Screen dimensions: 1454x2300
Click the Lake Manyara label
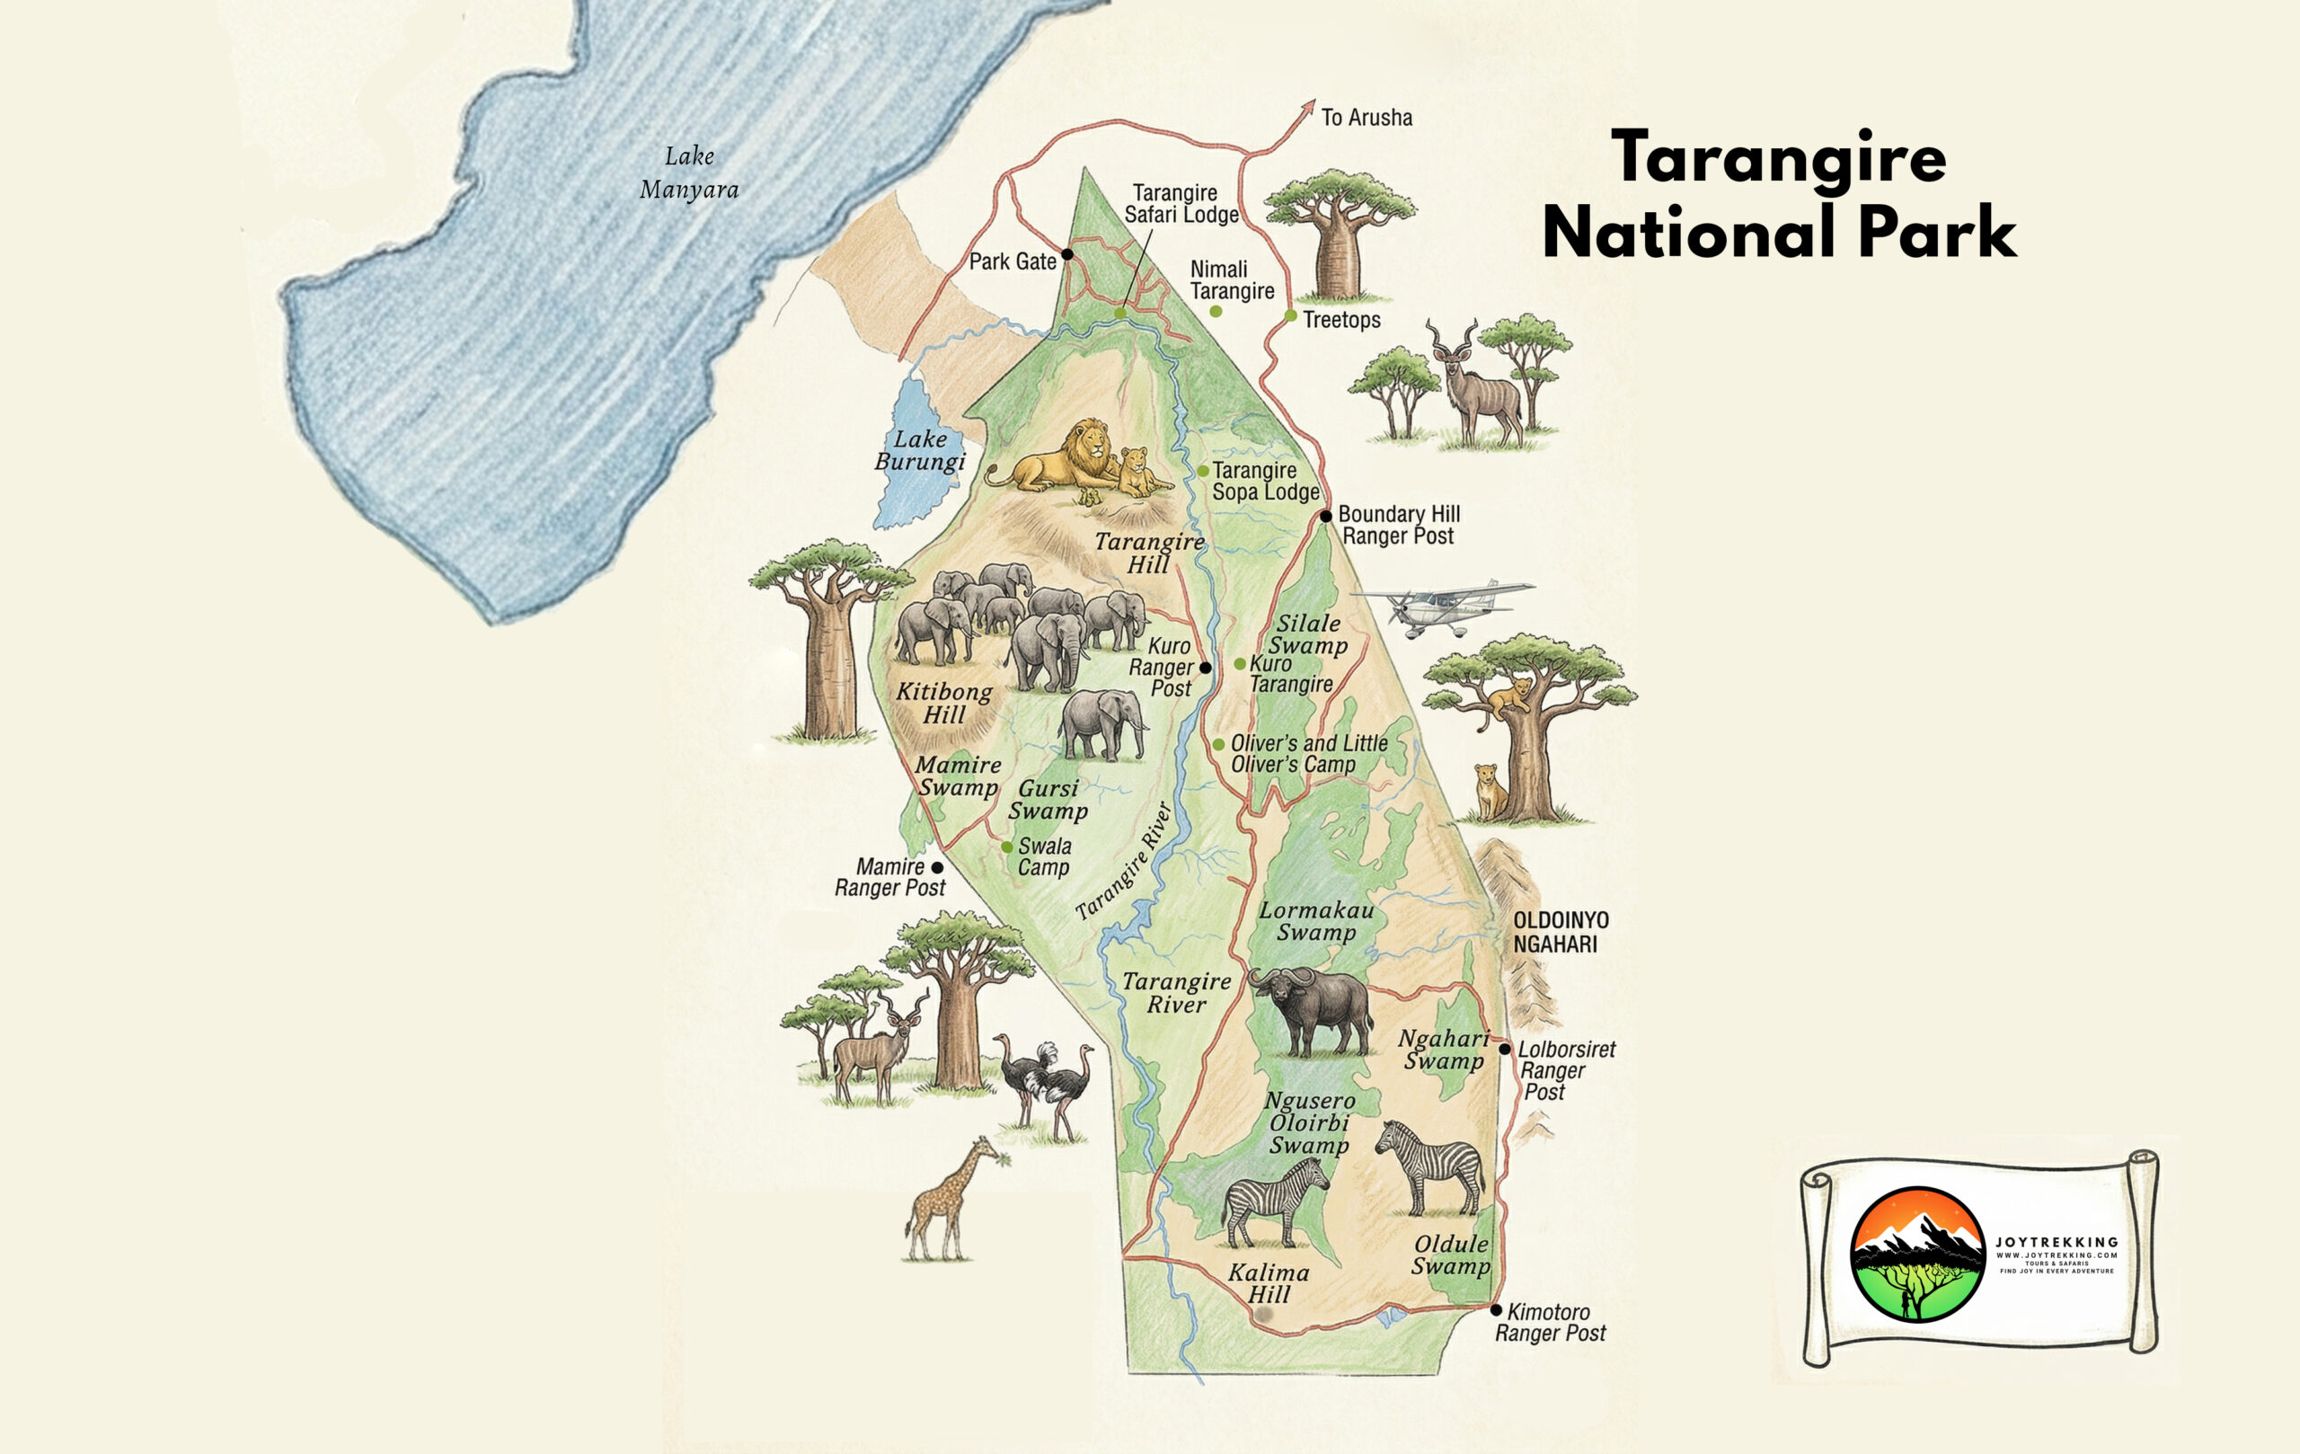pos(689,173)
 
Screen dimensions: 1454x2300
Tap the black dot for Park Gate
pos(1067,254)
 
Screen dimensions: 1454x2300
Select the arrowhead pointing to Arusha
pos(1308,106)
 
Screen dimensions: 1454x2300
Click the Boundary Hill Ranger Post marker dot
pos(1326,516)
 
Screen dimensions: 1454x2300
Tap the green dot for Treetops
pos(1290,315)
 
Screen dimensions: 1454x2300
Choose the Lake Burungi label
pos(920,451)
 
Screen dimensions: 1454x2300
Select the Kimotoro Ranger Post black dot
pos(1496,1309)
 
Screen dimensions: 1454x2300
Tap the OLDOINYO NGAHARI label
pos(1561,931)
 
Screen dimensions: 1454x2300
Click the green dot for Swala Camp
pos(1007,847)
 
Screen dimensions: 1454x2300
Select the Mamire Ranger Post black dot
pos(937,867)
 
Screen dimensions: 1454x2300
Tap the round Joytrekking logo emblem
pos(1917,1255)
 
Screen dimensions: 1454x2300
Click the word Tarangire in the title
pos(1779,157)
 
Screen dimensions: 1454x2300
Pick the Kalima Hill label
pos(1269,1283)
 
